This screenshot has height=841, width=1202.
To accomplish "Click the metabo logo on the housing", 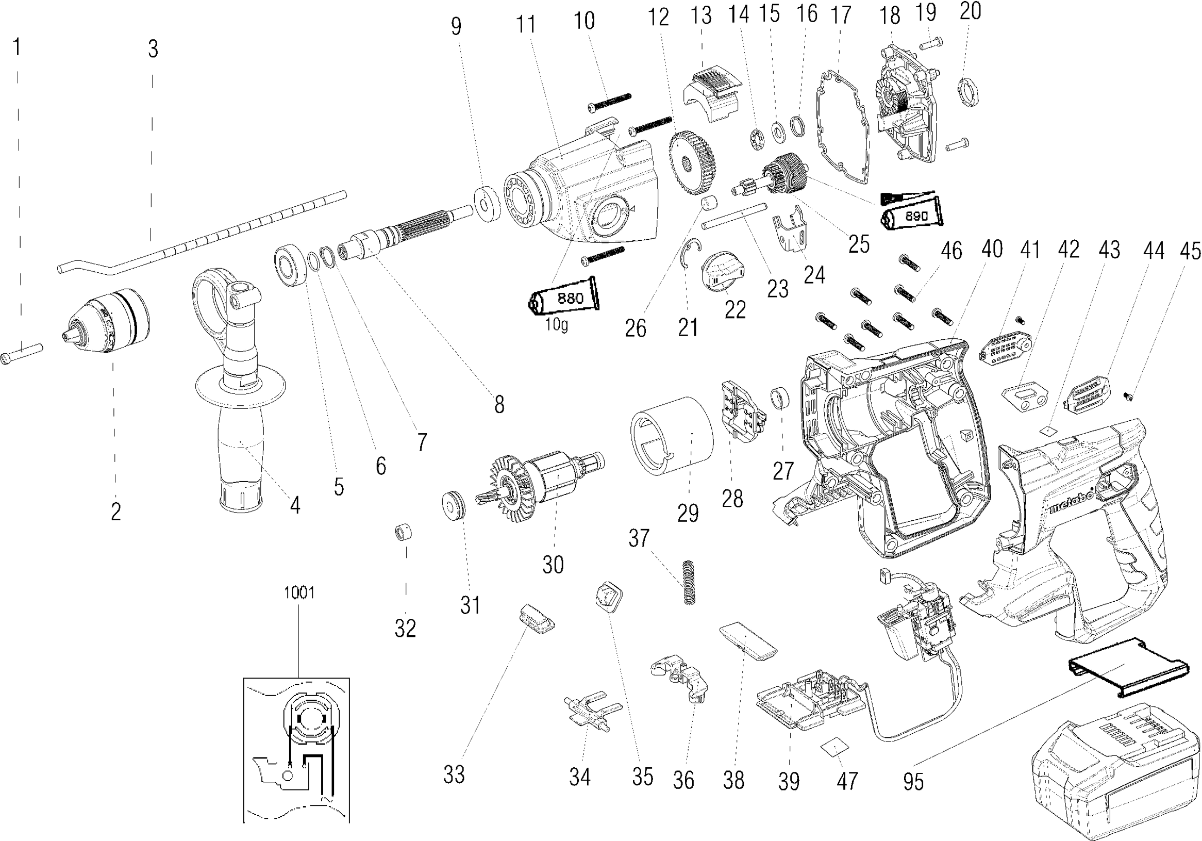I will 1071,503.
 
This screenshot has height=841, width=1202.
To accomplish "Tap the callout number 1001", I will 299,593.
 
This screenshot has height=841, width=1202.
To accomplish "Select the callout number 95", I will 913,782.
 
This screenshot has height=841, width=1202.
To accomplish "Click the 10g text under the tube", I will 556,325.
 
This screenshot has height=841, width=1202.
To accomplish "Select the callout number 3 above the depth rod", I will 153,49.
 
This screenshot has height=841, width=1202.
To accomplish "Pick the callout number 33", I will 454,774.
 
